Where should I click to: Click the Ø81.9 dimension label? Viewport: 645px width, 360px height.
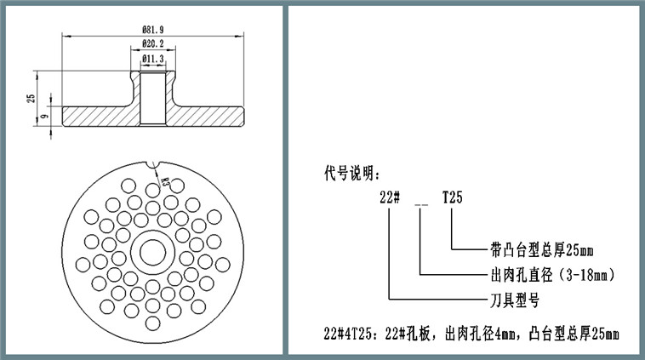pos(154,30)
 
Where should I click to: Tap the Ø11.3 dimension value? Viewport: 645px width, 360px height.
pos(154,58)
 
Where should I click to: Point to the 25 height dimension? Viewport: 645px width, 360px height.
pos(31,99)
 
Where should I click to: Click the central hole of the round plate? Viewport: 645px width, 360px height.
pos(154,252)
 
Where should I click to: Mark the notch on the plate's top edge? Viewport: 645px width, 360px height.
pos(154,163)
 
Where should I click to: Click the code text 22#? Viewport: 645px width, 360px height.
pos(390,197)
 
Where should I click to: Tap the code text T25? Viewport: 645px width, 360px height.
pos(452,197)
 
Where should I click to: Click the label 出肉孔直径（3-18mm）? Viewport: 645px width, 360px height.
pos(552,275)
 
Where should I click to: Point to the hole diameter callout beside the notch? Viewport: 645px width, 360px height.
pos(165,180)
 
